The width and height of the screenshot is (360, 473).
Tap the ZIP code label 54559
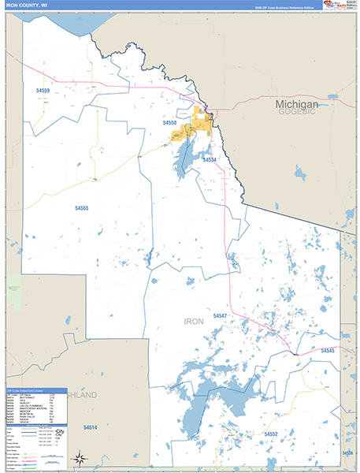(43, 91)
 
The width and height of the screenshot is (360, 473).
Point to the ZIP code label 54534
(209, 160)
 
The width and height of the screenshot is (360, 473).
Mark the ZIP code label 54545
(328, 350)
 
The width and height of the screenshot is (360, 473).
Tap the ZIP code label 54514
(90, 427)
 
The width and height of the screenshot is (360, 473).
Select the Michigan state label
(296, 104)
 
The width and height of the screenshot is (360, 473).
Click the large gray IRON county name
(194, 322)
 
